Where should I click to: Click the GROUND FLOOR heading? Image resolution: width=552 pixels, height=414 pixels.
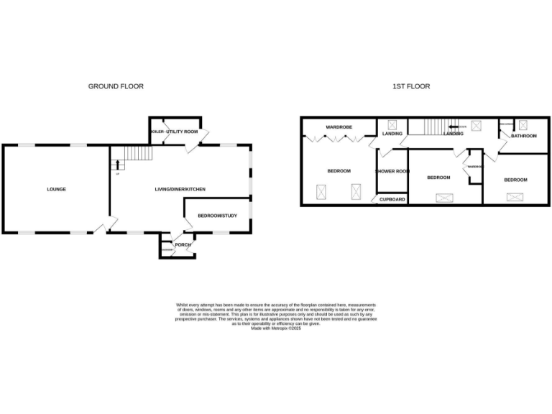116,86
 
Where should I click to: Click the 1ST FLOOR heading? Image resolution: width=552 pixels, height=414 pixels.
411,86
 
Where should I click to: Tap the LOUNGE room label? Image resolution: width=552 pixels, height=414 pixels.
57,189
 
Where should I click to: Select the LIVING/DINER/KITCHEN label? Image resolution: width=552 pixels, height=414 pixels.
180,189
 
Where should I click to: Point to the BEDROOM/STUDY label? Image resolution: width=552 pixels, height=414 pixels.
217,215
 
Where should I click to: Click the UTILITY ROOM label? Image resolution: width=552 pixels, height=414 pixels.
182,132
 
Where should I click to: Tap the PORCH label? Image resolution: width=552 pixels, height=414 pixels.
183,244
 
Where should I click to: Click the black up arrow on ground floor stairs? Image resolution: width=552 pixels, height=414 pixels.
118,165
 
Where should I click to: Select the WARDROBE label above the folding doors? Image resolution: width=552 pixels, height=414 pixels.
338,127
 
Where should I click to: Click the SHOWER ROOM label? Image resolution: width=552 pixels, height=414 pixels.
392,171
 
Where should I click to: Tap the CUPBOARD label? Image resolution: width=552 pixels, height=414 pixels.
392,199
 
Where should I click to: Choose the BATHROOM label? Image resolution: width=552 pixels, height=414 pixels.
524,136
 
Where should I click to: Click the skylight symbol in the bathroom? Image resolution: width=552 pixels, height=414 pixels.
523,124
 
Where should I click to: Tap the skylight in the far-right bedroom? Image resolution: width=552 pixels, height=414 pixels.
515,197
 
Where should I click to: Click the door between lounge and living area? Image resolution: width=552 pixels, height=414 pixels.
106,226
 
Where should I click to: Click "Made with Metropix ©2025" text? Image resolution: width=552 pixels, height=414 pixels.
275,328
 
